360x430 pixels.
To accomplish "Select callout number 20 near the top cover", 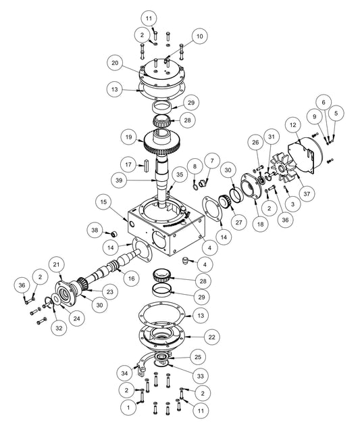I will pos(116,62).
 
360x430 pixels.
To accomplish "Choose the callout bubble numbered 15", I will pos(103,201).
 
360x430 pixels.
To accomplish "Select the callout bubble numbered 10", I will pos(199,35).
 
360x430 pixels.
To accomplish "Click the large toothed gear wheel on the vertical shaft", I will pos(163,143).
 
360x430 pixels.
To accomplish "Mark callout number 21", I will pos(57,264).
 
